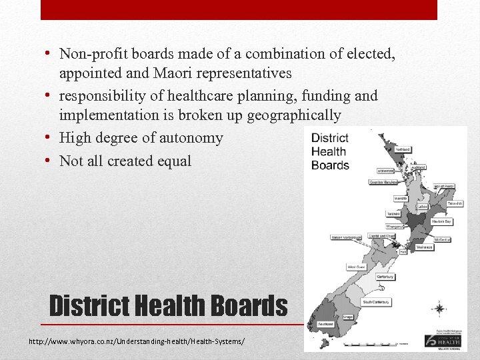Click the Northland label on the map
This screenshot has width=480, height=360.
[403, 149]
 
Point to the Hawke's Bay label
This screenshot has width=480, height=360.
[441, 221]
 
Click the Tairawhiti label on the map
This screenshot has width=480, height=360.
[455, 203]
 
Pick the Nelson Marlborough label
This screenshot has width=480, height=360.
[347, 237]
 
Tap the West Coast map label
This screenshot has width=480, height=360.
[355, 267]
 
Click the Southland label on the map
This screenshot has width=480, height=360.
[325, 324]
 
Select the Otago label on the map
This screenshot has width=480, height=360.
[348, 317]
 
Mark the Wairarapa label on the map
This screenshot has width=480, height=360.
[425, 247]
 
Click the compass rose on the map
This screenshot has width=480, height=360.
[439, 309]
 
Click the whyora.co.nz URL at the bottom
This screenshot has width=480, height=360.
[137, 341]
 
